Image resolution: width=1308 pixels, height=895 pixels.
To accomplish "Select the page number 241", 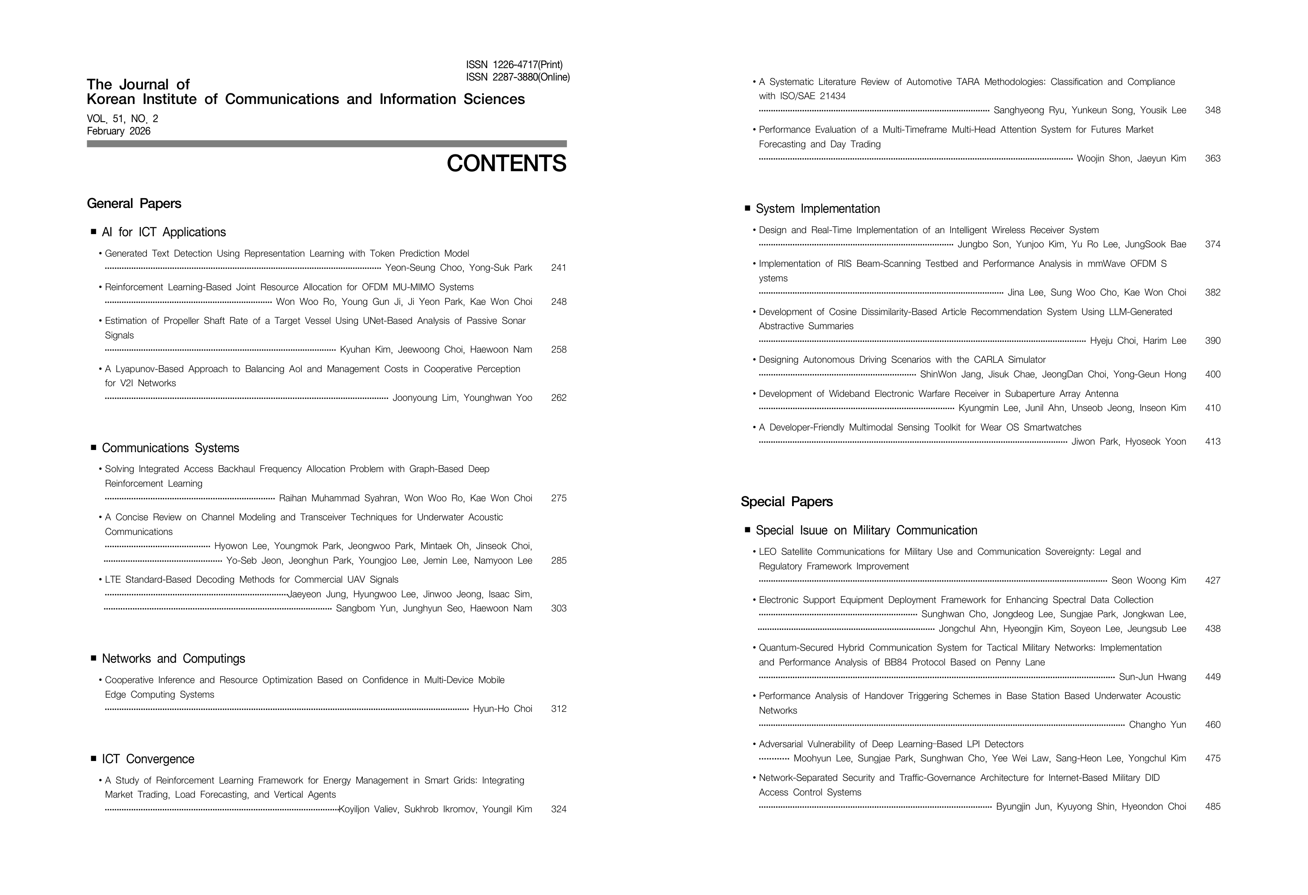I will pyautogui.click(x=558, y=268).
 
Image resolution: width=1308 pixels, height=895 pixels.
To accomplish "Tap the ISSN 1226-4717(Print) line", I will pyautogui.click(x=514, y=65).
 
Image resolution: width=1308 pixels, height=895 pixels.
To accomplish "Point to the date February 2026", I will pyautogui.click(x=119, y=131).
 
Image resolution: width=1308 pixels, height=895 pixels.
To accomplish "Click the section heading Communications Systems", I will pyautogui.click(x=170, y=448).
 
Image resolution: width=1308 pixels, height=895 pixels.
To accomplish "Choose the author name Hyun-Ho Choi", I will pyautogui.click(x=502, y=709).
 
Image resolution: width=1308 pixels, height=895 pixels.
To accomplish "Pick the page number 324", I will pyautogui.click(x=558, y=810).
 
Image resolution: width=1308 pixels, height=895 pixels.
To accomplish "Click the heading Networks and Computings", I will pyautogui.click(x=173, y=659).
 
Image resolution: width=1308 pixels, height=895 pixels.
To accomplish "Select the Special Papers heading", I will pyautogui.click(x=786, y=502).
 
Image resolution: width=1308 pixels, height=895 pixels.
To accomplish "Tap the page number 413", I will pyautogui.click(x=1212, y=442).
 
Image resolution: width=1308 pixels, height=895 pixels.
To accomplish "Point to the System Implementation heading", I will pyautogui.click(x=817, y=209).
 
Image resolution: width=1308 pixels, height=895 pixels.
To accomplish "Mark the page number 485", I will pyautogui.click(x=1212, y=807).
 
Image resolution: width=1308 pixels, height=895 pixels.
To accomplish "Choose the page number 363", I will pyautogui.click(x=1212, y=159).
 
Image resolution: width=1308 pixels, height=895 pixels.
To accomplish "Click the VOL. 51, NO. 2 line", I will pyautogui.click(x=123, y=119).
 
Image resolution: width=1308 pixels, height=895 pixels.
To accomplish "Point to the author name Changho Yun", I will pyautogui.click(x=1157, y=725).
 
